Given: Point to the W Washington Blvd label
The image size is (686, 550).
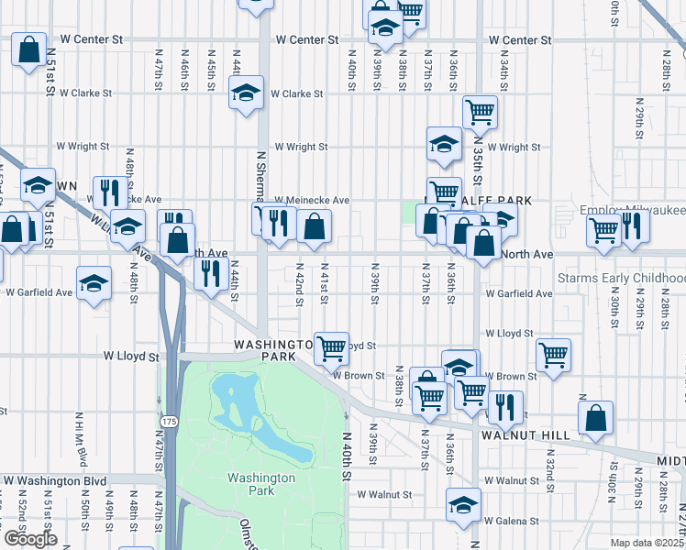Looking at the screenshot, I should tap(55, 480).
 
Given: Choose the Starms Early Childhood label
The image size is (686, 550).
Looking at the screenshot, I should tap(622, 278).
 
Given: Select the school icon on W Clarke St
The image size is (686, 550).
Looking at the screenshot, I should tap(246, 93).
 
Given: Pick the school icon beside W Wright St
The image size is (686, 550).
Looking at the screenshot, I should tap(444, 144).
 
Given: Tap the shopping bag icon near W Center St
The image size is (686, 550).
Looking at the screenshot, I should tap(29, 49).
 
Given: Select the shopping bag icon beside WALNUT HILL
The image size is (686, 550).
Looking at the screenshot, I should tap(595, 417).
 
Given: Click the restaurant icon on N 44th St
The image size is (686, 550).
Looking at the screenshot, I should tap(211, 273).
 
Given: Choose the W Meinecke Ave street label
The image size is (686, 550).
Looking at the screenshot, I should tap(313, 200).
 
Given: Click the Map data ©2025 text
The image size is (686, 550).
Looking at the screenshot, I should tap(647, 543).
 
